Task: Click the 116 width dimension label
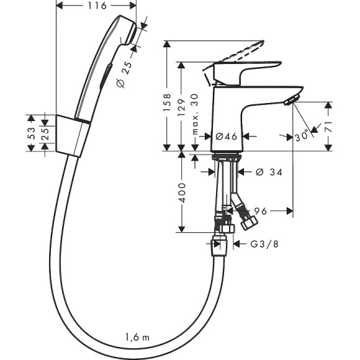(96, 6)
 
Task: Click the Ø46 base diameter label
(227, 136)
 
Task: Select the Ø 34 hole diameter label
(269, 172)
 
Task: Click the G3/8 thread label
(264, 245)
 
